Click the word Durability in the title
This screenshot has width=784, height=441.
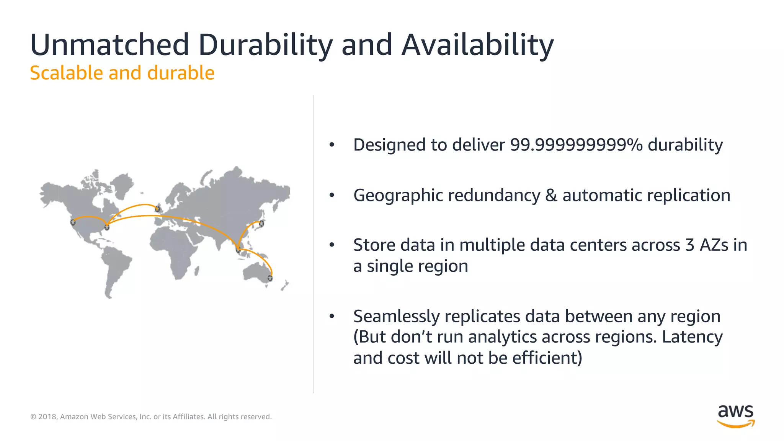pos(265,45)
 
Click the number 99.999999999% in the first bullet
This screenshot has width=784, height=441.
pos(576,145)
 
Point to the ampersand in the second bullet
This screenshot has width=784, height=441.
pos(551,195)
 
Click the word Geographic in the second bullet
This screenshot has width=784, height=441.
pos(398,196)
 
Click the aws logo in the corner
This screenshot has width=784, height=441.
pos(735,416)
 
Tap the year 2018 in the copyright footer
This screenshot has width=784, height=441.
pos(47,416)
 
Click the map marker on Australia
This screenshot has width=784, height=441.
pos(270,278)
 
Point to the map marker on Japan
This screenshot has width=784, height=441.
pos(261,223)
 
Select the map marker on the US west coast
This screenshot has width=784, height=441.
pos(73,222)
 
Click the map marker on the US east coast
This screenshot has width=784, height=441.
pos(107,227)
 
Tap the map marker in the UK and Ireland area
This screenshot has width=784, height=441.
pos(157,209)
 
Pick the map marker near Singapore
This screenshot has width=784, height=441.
pos(238,250)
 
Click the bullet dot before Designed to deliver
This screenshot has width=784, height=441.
pos(332,145)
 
